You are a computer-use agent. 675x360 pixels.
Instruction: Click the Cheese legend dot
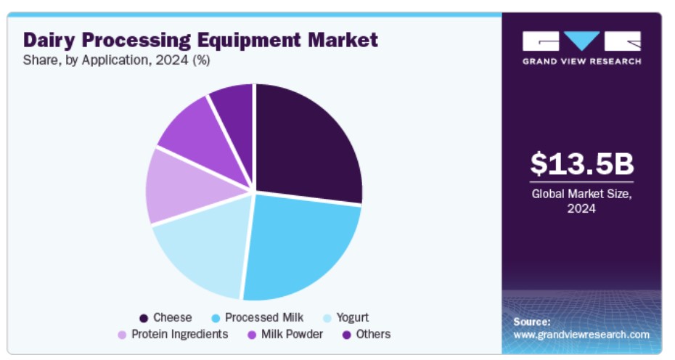(x=144, y=318)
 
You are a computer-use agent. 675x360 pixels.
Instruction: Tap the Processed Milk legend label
(x=264, y=317)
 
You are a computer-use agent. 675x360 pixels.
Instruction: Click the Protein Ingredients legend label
(x=180, y=334)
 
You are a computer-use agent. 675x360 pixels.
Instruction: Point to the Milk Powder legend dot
(x=253, y=335)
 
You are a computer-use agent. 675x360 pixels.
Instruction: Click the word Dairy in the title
(x=51, y=39)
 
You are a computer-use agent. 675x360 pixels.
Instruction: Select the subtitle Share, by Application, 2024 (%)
(x=117, y=61)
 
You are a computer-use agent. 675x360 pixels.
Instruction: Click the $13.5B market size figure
(x=581, y=164)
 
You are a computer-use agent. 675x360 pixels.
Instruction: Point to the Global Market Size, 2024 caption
(x=581, y=201)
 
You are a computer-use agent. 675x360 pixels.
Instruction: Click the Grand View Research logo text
(x=581, y=61)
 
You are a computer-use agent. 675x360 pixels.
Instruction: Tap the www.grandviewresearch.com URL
(x=581, y=335)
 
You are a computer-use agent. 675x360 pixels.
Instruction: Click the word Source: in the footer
(x=532, y=321)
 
